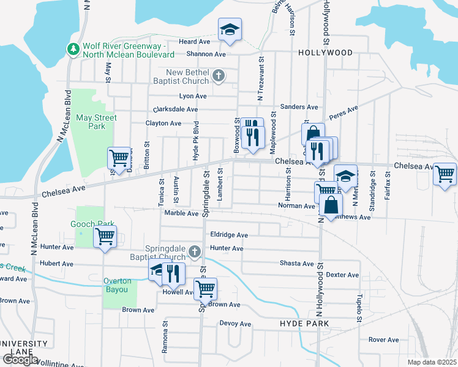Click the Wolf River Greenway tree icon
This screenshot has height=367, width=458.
tap(73, 48)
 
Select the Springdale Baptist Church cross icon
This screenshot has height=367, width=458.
tap(194, 251)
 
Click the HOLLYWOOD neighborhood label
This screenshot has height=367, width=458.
tap(325, 53)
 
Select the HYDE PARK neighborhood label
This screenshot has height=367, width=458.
tap(304, 323)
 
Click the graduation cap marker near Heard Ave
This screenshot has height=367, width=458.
tap(230, 29)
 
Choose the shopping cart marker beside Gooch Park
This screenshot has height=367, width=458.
tap(105, 235)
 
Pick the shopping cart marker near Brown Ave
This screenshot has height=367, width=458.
tap(205, 287)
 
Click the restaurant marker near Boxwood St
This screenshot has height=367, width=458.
tap(253, 135)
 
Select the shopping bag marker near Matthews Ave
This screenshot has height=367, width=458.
tap(330, 206)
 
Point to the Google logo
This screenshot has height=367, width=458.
tap(20, 360)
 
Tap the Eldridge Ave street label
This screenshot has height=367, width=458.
tap(229, 235)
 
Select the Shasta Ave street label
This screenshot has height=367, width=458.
tap(296, 264)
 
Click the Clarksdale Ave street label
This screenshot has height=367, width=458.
tap(176, 109)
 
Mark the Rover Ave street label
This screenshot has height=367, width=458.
tap(383, 339)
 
